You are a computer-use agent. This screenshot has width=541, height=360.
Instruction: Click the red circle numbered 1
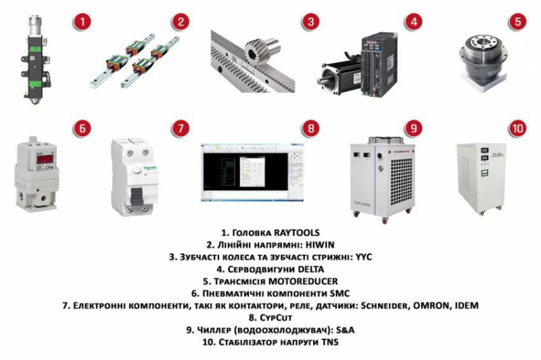tap(82, 22)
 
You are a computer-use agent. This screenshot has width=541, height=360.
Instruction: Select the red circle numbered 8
tap(309, 127)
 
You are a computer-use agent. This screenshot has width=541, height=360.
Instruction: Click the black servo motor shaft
tap(329, 75)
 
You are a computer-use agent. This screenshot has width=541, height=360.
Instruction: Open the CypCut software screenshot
tap(252, 168)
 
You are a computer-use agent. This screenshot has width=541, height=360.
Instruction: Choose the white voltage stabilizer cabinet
tap(481, 177)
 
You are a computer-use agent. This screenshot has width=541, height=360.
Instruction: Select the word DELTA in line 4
tap(309, 269)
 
